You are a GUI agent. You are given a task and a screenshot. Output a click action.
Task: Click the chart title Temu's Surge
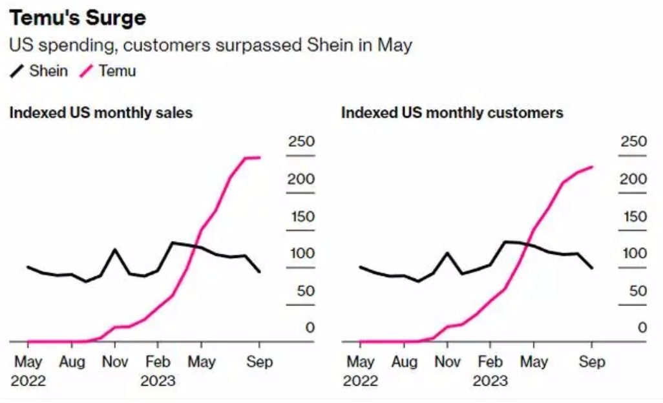[x=78, y=17]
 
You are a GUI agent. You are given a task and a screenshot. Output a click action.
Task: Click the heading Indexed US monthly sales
[x=101, y=113]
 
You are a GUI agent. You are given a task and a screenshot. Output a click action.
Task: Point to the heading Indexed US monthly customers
[x=452, y=113]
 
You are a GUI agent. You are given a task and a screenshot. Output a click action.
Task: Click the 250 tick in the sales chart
[x=301, y=141]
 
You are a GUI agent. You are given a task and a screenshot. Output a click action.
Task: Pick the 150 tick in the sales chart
[x=301, y=216]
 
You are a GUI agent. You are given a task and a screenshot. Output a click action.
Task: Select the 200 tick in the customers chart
[x=633, y=179]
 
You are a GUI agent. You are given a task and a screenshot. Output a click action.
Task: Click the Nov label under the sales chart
[x=115, y=361]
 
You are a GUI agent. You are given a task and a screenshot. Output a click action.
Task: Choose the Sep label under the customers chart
[x=592, y=361]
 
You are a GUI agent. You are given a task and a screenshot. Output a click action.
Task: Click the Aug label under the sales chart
[x=72, y=361]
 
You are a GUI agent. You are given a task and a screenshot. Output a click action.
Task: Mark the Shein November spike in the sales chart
[x=115, y=249]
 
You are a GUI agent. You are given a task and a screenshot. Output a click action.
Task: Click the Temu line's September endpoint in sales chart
[x=259, y=157]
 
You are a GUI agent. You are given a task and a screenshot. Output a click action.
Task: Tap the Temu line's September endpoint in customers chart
[x=592, y=167]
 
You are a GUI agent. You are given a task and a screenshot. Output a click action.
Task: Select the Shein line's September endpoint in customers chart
[x=592, y=267]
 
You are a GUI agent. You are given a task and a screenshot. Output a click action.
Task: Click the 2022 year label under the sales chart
[x=28, y=380]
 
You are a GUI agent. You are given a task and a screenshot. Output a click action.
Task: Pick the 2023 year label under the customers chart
[x=490, y=380]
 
